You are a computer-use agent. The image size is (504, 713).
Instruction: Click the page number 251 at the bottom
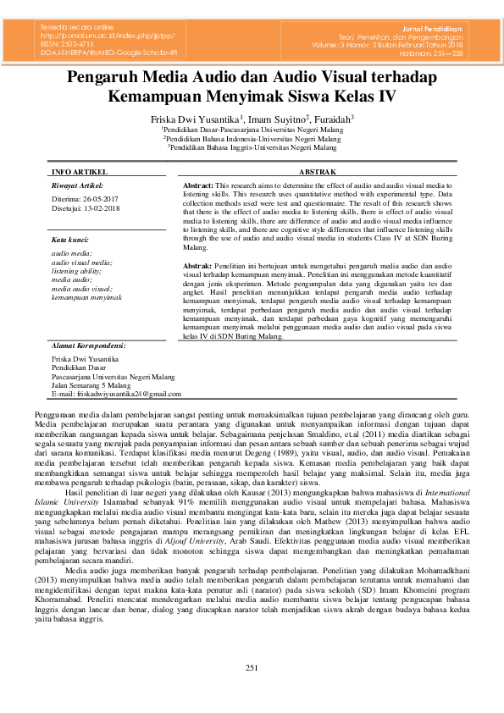[x=252, y=669]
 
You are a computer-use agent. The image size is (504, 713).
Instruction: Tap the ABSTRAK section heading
[x=318, y=171]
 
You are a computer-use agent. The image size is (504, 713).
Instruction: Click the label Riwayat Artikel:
[x=77, y=185]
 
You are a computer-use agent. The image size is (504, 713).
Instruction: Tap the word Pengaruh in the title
[x=103, y=78]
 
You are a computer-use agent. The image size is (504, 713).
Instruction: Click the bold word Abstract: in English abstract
[x=198, y=184]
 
